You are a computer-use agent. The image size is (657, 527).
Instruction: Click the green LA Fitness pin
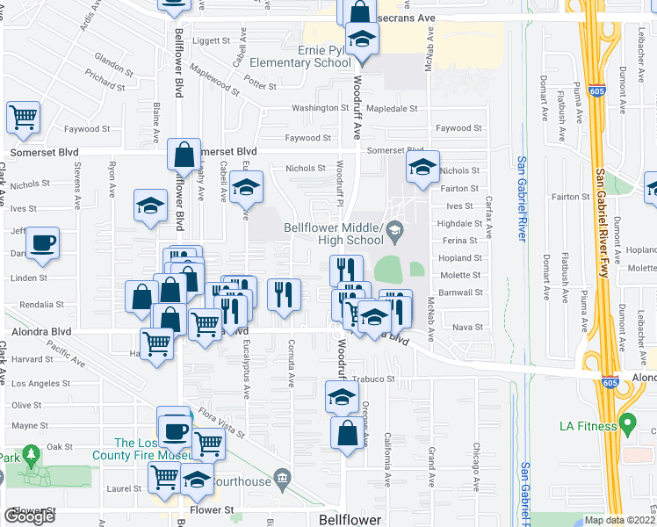(626, 424)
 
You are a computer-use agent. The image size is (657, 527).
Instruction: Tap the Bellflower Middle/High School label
(334, 234)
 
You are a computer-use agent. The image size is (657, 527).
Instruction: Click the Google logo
(29, 516)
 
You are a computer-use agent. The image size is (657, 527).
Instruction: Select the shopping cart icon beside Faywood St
(24, 115)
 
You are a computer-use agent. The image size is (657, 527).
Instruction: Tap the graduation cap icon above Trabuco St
(342, 396)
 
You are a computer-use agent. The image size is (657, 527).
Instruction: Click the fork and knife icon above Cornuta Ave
(284, 293)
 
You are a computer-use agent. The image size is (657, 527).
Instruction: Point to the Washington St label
(321, 108)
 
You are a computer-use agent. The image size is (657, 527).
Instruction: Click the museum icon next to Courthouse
(283, 480)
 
